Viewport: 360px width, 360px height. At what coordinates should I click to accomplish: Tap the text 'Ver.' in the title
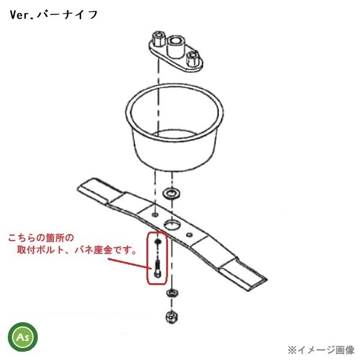[22, 14]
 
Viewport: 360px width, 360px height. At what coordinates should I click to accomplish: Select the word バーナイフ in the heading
[67, 14]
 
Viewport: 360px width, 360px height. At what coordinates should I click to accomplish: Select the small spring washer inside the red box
[157, 242]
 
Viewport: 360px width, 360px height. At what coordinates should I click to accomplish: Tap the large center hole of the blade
[172, 223]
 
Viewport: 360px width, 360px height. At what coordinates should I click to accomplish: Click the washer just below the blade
[170, 293]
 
